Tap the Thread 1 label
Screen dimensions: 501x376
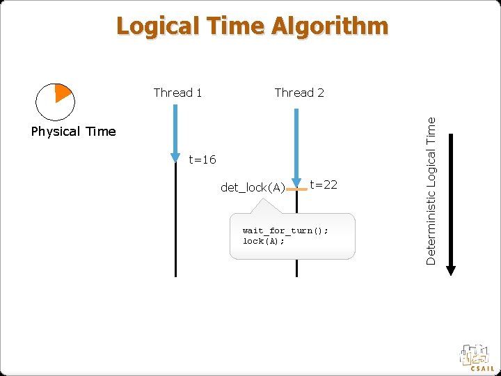[x=177, y=93]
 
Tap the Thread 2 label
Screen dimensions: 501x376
[x=299, y=93]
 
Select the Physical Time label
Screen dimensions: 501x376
[x=73, y=132]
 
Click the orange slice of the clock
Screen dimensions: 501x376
[x=63, y=92]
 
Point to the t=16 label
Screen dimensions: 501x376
[x=202, y=160]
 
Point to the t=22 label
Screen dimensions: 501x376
[x=324, y=184]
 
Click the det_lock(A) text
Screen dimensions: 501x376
[x=253, y=187]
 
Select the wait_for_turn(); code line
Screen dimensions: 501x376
[x=285, y=230]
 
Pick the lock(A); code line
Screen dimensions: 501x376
[x=263, y=241]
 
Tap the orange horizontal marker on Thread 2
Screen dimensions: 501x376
[x=297, y=189]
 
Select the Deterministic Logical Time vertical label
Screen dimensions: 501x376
[x=431, y=189]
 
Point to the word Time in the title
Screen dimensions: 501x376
[x=234, y=26]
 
